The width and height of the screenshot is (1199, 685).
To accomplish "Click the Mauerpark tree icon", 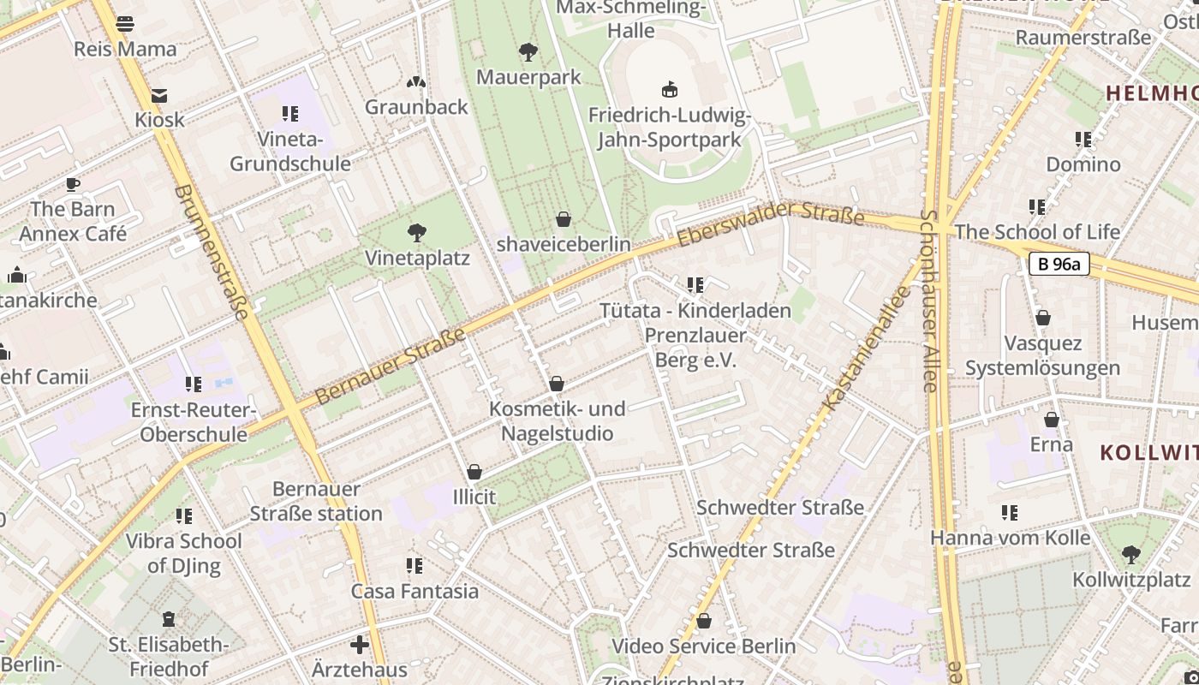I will [x=528, y=51].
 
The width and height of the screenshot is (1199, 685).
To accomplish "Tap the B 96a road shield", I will [x=1059, y=264].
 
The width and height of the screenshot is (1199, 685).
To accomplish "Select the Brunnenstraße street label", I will [x=211, y=252].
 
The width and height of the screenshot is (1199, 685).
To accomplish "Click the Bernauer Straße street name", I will [x=391, y=366].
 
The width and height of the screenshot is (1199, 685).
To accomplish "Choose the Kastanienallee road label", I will [x=866, y=348].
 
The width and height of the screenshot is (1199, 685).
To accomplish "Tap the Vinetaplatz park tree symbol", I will [x=417, y=232].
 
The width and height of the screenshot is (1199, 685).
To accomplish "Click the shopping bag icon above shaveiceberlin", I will [x=563, y=219].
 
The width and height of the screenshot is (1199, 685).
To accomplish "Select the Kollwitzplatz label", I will [x=1130, y=580].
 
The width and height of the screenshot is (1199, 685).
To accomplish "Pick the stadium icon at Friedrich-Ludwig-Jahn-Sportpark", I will [x=670, y=89].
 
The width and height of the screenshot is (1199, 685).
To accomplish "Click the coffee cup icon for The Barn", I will [x=73, y=184].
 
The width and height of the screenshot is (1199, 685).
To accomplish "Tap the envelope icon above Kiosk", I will [x=159, y=95].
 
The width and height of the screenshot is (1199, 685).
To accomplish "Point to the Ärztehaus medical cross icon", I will [x=360, y=644].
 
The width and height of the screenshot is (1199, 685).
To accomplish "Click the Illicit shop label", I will [x=474, y=496].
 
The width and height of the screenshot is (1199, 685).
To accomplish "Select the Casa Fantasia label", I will [x=415, y=591].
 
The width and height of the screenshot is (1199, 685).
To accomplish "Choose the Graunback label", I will [x=416, y=107].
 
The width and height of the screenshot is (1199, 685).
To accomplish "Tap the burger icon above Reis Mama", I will [x=125, y=24].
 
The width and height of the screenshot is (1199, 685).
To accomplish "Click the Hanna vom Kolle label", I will [x=1010, y=538].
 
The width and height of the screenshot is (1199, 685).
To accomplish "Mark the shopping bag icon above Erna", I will [x=1051, y=420].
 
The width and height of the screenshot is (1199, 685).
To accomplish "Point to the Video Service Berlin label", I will [x=703, y=646].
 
